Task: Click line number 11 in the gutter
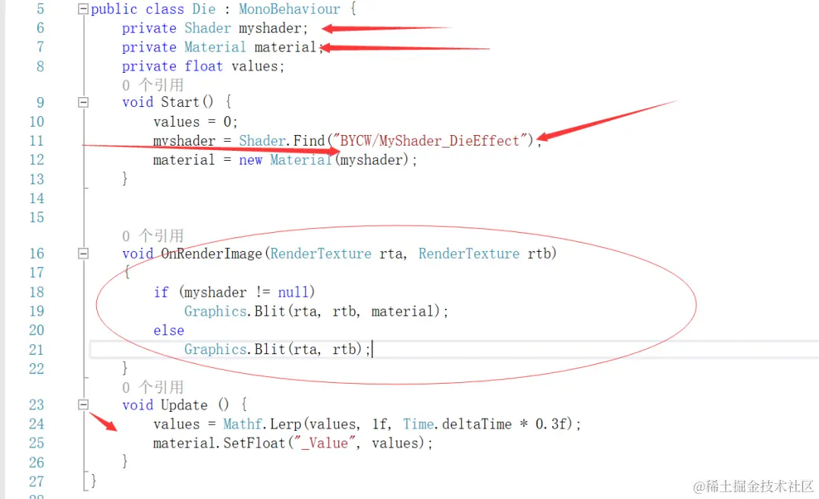click(x=36, y=141)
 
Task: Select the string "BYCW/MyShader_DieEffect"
click(x=430, y=141)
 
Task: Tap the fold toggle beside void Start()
click(x=83, y=102)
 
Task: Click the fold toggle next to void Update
click(x=83, y=405)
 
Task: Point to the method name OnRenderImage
click(x=212, y=254)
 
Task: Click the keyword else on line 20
click(x=168, y=331)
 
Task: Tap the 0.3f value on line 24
click(x=551, y=425)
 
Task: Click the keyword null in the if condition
click(x=292, y=293)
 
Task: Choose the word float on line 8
click(x=204, y=67)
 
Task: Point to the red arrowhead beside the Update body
click(x=111, y=426)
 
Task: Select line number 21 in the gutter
click(x=36, y=350)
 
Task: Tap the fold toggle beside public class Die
click(x=83, y=10)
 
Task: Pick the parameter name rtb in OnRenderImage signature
click(x=541, y=254)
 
